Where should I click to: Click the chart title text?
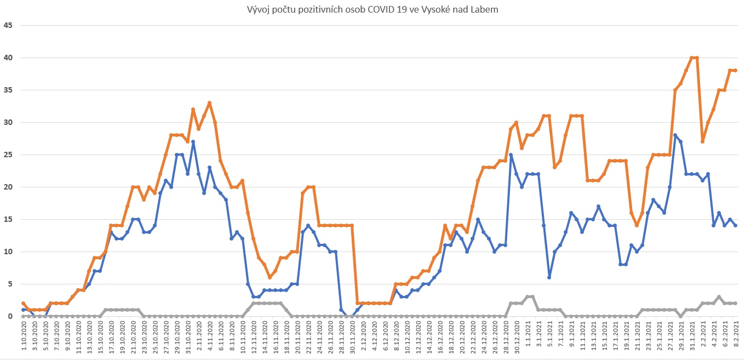(x=373, y=10)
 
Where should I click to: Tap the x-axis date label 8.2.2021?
(x=735, y=338)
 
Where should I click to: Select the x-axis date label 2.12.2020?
(x=363, y=338)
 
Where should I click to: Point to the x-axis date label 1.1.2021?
(x=527, y=338)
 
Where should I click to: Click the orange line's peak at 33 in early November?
(x=209, y=103)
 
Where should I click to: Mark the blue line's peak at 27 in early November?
(x=193, y=142)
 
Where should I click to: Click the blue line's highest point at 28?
(x=675, y=135)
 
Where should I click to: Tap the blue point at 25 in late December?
(x=511, y=155)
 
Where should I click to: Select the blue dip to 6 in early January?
(x=549, y=277)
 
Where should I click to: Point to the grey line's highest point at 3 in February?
(x=719, y=297)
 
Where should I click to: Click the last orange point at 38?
(x=735, y=71)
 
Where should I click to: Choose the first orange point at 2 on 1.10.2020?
(x=23, y=303)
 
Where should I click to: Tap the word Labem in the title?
(x=485, y=10)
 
